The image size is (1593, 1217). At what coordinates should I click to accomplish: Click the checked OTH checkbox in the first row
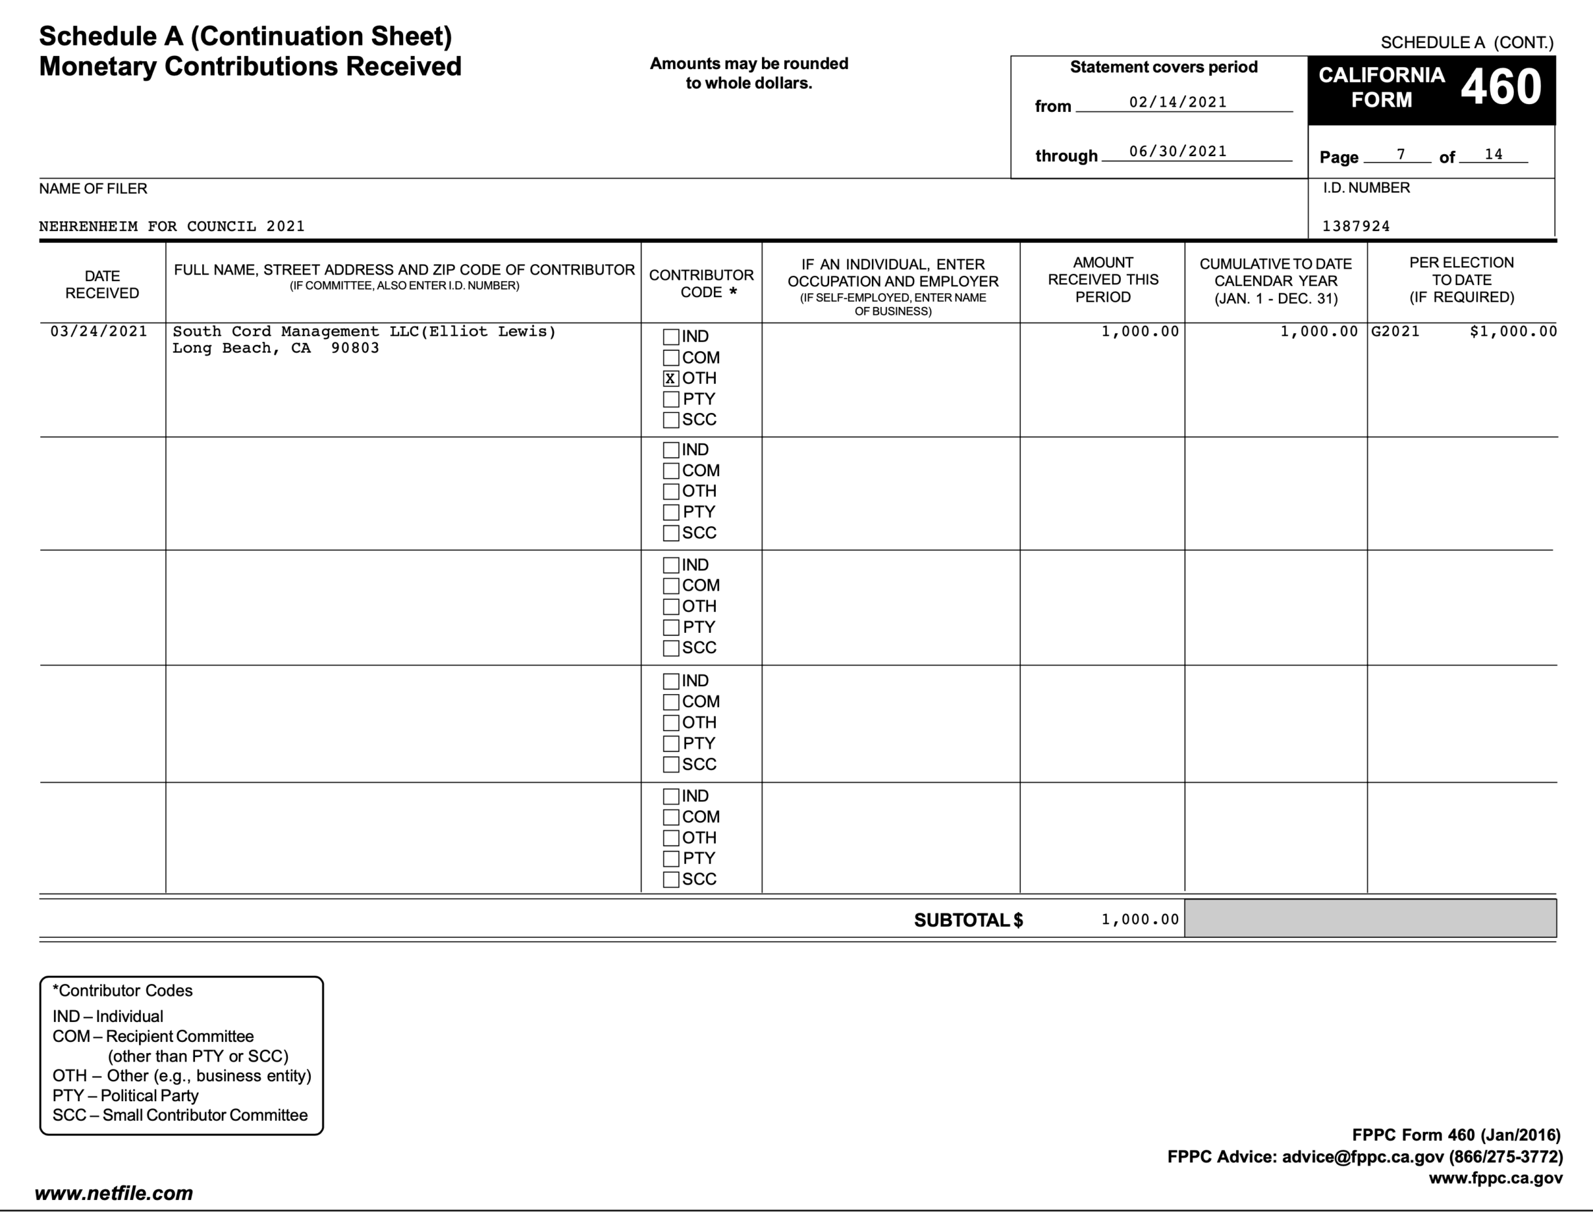coord(670,378)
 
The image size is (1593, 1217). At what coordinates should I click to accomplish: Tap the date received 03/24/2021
coord(98,332)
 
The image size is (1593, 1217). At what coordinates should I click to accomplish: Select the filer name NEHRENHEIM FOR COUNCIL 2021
coord(172,226)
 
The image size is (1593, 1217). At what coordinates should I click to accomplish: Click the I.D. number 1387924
coord(1356,226)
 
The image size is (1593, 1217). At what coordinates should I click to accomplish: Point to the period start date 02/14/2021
coord(1178,102)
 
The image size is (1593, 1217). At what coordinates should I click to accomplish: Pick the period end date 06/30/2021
coord(1178,152)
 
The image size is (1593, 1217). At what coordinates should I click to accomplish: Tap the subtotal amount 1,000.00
coord(1140,919)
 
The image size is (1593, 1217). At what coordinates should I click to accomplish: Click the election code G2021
coord(1395,332)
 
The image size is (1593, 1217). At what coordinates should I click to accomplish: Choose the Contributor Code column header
coord(701,283)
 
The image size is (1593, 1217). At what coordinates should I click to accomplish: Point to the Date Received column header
coord(102,285)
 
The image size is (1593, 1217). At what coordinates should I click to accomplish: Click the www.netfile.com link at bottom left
coord(114,1193)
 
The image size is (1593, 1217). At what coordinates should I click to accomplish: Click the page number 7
coord(1401,154)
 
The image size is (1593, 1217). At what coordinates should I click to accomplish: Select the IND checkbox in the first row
coord(670,337)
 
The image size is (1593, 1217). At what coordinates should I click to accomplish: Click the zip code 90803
coord(355,349)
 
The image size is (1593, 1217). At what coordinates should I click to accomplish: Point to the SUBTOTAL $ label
coord(968,920)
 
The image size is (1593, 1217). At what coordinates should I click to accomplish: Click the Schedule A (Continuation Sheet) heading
coord(246,36)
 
